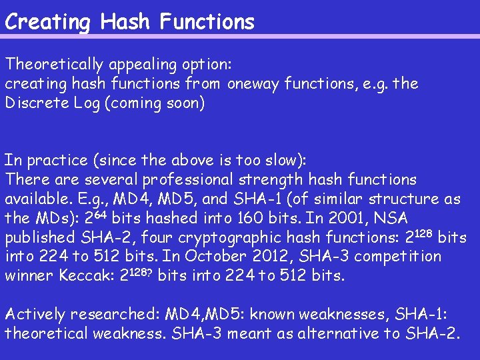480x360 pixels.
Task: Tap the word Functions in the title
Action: (207, 21)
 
